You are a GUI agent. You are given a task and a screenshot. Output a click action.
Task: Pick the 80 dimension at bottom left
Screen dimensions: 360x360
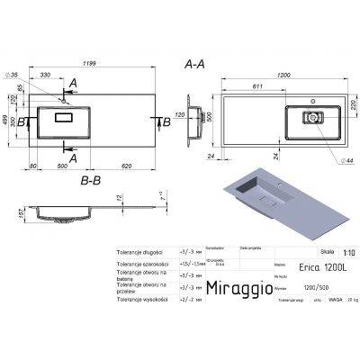point(33,167)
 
